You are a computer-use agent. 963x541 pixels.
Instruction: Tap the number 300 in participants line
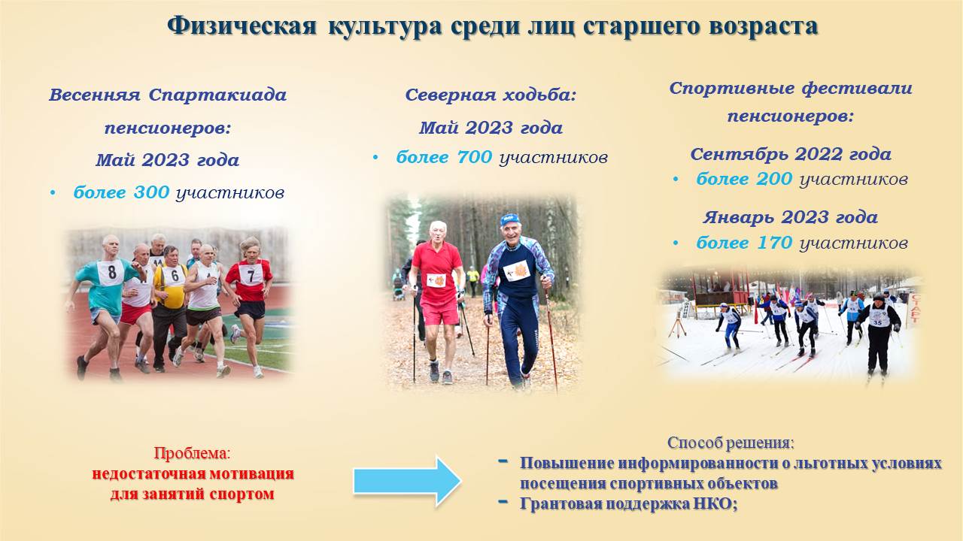click(x=151, y=193)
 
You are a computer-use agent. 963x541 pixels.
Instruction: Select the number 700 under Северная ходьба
click(x=474, y=158)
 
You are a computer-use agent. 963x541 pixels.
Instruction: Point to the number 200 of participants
click(x=774, y=179)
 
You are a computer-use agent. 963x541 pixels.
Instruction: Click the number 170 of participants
click(x=774, y=243)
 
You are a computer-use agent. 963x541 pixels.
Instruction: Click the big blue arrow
click(x=407, y=482)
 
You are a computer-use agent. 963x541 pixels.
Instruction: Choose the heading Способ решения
click(x=731, y=443)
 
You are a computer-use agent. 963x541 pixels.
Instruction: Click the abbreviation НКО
click(x=715, y=503)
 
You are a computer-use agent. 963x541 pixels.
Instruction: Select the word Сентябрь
click(x=740, y=154)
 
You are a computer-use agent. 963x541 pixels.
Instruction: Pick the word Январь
click(x=740, y=218)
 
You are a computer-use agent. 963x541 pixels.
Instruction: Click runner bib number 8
click(x=112, y=272)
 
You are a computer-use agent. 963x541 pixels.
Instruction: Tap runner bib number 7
click(x=251, y=275)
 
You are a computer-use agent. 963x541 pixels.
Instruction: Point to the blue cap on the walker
click(x=509, y=219)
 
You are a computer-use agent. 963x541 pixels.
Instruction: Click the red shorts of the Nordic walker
click(x=440, y=312)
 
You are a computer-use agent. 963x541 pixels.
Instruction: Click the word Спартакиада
click(x=217, y=95)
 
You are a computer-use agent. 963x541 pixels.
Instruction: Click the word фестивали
click(x=857, y=89)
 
